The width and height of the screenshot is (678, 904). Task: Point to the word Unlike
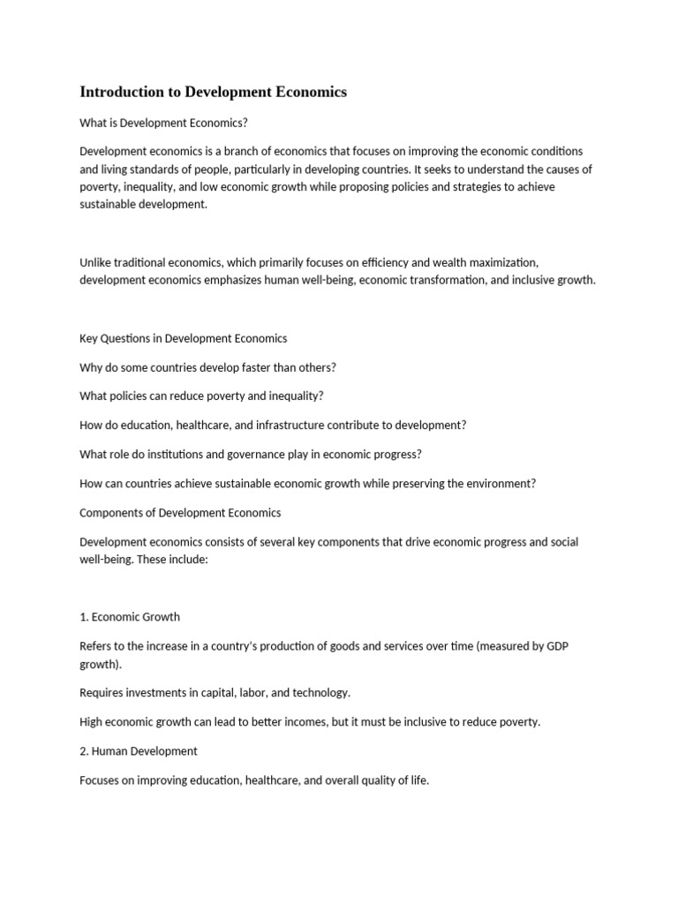click(96, 262)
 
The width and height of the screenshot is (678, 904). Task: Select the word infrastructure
click(280, 425)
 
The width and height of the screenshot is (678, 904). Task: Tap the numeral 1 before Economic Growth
click(83, 616)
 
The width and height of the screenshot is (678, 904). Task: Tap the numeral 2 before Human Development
click(83, 750)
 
